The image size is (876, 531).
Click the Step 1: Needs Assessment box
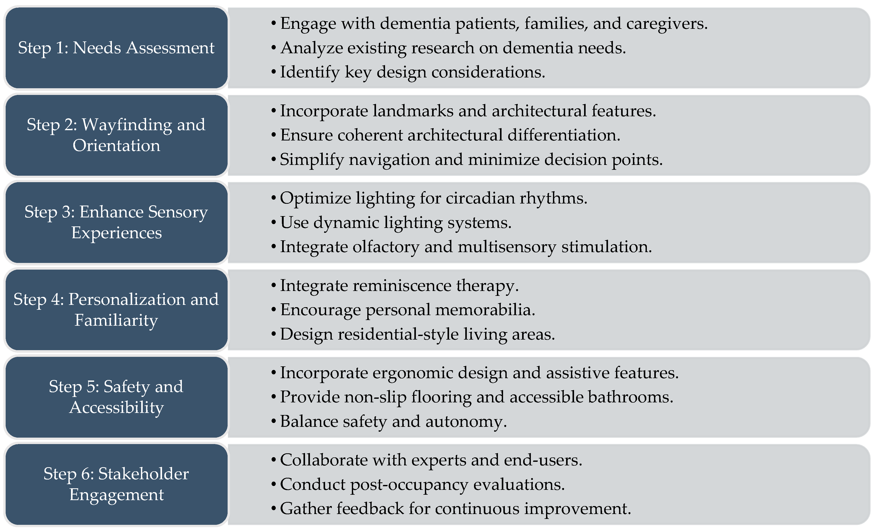[x=116, y=48]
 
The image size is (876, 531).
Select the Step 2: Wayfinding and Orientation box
[x=116, y=135]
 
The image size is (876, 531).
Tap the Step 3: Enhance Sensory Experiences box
[x=116, y=222]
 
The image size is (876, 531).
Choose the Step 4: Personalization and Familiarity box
[x=116, y=309]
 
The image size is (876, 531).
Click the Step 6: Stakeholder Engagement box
[x=116, y=484]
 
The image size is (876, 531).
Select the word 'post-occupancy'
[x=409, y=485]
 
